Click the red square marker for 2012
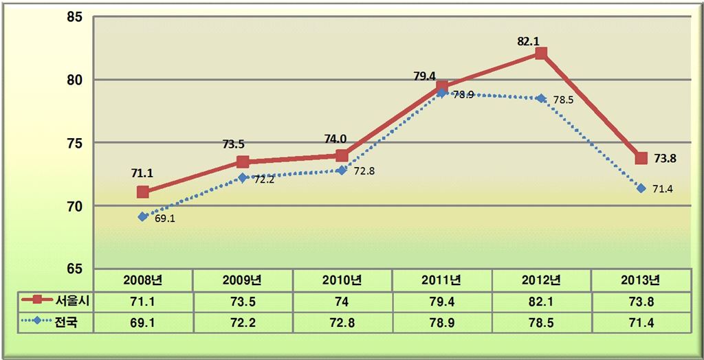pos(541,53)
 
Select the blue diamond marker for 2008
pos(143,216)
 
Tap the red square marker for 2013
pos(641,158)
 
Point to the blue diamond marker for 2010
pos(342,170)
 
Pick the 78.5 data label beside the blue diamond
pos(563,100)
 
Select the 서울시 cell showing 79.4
pos(441,300)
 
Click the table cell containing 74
pos(342,300)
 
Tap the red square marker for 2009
pos(243,162)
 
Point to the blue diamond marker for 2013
pos(641,188)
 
